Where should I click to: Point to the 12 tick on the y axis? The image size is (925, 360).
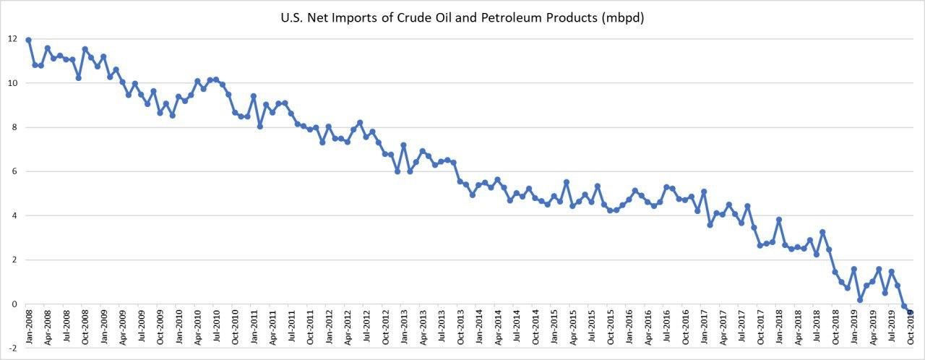tap(12, 38)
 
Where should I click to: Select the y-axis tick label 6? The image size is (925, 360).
tap(12, 171)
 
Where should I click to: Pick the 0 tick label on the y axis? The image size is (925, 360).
tap(12, 304)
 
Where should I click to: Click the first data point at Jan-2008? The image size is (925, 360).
tap(28, 40)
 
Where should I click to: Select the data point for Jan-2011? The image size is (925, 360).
tap(254, 95)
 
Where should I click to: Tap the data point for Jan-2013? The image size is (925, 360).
tap(403, 145)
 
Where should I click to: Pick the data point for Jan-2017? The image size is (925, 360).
tap(704, 192)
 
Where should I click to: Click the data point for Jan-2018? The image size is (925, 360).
tap(779, 220)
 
